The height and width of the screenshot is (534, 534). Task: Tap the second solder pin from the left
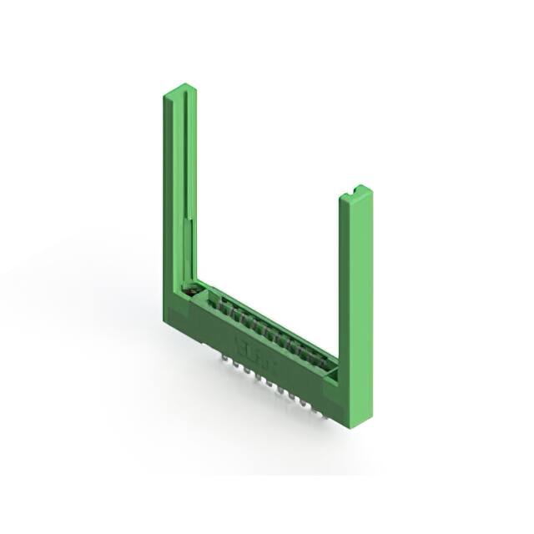point(236,365)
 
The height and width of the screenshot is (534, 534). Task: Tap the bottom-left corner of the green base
point(164,321)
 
